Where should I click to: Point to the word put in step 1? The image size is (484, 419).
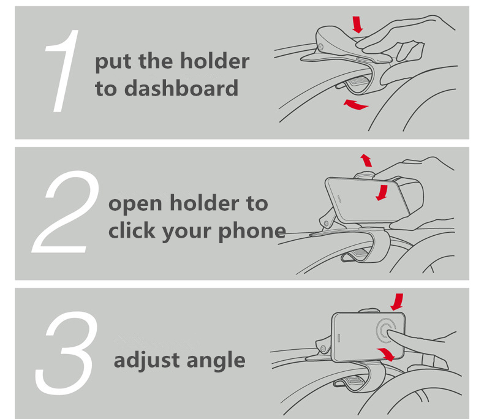[114, 62]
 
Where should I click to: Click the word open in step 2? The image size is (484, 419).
[135, 204]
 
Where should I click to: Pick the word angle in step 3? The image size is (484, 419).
[216, 361]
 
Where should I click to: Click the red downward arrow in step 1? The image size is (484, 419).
[357, 25]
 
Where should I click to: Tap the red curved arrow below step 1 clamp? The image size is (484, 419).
[355, 105]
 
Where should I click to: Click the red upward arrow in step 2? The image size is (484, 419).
[366, 160]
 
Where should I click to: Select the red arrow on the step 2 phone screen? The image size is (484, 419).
[382, 193]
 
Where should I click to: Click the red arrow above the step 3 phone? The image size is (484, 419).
[397, 302]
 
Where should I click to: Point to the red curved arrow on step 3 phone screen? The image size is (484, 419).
[386, 353]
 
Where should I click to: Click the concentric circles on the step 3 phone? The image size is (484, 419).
[386, 331]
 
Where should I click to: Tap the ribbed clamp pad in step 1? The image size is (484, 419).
[358, 81]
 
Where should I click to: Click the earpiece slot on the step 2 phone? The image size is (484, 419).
[339, 198]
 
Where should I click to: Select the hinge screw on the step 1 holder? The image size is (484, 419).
[320, 47]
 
